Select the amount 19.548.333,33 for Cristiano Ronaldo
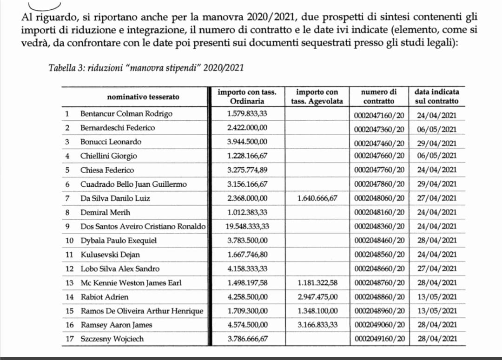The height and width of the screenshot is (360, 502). (247, 226)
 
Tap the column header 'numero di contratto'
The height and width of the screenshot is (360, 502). (379, 97)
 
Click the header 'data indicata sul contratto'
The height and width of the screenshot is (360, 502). (436, 97)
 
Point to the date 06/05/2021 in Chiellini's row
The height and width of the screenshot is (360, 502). (437, 156)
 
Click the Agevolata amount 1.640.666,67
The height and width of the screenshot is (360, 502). (317, 198)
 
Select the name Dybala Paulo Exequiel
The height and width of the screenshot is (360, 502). (119, 241)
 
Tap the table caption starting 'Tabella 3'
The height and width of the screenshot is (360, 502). (145, 68)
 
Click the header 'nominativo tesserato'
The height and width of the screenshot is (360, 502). (143, 97)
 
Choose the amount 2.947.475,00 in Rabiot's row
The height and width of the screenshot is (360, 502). (317, 297)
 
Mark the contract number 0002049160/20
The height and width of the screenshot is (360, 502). (379, 339)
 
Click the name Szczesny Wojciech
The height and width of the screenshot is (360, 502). (112, 339)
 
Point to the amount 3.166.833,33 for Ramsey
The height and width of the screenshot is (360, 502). (317, 325)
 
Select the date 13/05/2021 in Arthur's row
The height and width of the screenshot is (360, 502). (437, 311)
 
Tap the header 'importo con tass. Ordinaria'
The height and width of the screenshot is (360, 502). (247, 97)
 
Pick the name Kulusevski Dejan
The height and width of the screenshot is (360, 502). (110, 255)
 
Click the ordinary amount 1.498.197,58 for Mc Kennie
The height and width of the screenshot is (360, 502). (247, 283)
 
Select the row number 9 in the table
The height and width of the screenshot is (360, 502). (67, 227)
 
